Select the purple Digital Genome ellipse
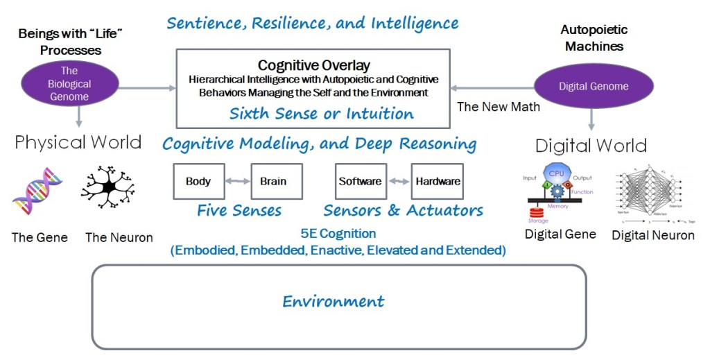[x=594, y=87]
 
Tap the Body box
[x=198, y=182]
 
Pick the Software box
[x=360, y=182]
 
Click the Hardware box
[x=438, y=182]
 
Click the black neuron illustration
[x=107, y=188]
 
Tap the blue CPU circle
[x=556, y=173]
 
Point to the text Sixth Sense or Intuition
[x=322, y=113]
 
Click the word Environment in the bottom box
[x=334, y=302]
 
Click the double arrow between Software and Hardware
[x=399, y=182]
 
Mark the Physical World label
[x=78, y=142]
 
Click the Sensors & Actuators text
[x=404, y=209]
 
